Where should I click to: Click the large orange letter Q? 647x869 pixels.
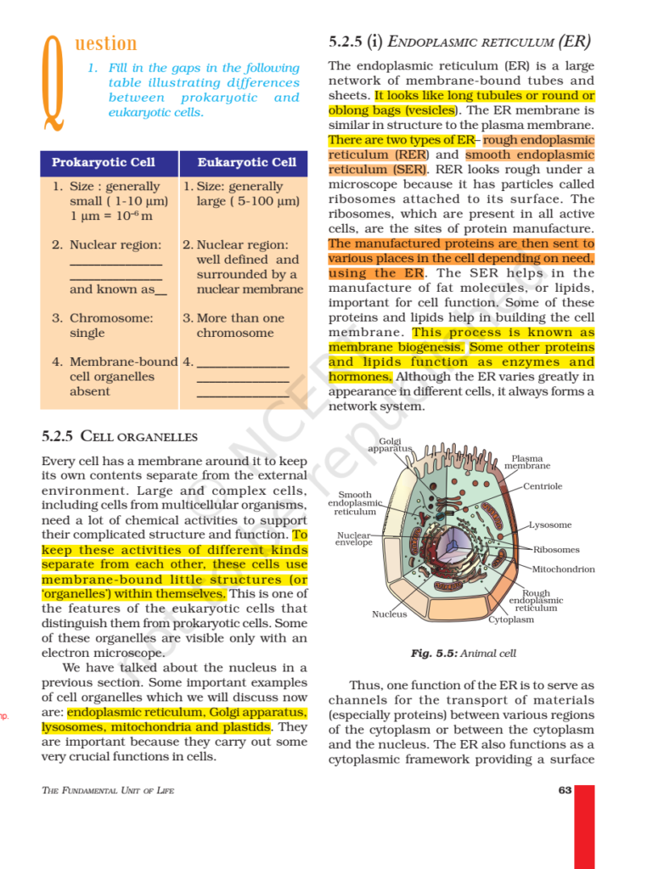[x=53, y=83]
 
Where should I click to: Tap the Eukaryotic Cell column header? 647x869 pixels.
[x=246, y=162]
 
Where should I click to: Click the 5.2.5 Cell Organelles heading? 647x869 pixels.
[x=119, y=437]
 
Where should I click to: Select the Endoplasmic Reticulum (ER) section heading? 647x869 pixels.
[x=459, y=41]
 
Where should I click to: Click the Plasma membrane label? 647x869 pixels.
[x=527, y=463]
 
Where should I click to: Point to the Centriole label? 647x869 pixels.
[x=543, y=486]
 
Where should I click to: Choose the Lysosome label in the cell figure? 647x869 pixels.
[x=550, y=525]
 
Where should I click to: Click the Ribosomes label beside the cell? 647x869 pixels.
[x=556, y=550]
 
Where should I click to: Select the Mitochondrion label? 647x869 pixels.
[x=563, y=569]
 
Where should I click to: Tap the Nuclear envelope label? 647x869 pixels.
[x=354, y=539]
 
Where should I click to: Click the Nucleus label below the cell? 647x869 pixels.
[x=389, y=614]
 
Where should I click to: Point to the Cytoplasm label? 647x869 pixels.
[x=511, y=620]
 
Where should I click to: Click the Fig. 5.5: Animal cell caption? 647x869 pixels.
[x=463, y=653]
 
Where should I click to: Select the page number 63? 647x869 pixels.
[x=565, y=791]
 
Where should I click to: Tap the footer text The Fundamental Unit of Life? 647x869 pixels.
[x=108, y=791]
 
